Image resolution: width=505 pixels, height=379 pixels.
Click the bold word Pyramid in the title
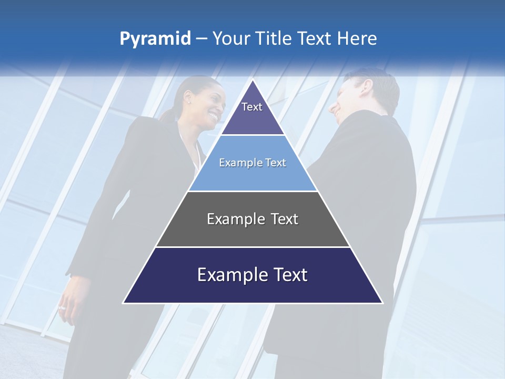[155, 39]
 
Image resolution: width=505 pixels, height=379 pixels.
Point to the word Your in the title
[231, 39]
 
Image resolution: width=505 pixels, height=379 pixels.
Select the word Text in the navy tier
[286, 275]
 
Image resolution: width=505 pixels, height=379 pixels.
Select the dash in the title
[201, 39]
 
